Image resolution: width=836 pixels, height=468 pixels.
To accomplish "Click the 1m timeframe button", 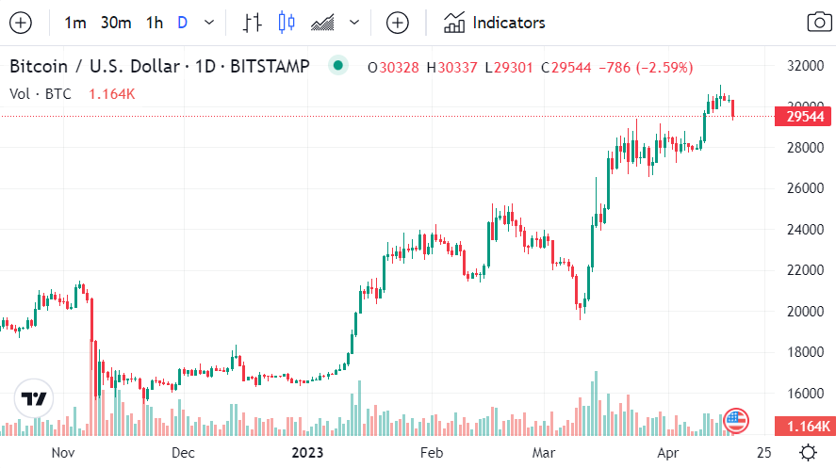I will (x=75, y=23).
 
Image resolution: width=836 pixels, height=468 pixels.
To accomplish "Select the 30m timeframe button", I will (x=116, y=23).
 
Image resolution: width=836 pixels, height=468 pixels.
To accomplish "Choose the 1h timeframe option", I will (x=155, y=23).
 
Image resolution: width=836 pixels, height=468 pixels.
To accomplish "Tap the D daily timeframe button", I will (x=182, y=23).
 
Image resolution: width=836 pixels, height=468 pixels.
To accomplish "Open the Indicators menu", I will (x=495, y=23).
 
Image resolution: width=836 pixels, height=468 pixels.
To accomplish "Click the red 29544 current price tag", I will (x=804, y=117).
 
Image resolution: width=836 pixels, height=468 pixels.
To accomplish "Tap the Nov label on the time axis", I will (x=62, y=452).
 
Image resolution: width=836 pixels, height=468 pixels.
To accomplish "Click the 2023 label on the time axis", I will (x=307, y=452).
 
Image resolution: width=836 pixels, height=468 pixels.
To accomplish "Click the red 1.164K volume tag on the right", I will (x=804, y=426).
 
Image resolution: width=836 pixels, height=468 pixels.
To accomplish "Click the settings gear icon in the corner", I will (x=808, y=451).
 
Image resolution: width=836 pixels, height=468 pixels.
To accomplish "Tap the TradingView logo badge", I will (x=34, y=399).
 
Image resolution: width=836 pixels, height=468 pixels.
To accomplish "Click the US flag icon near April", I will (x=735, y=420).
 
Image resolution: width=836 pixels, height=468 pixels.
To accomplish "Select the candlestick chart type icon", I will (x=287, y=23).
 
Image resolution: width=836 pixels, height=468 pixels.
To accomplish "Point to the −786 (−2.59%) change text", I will (x=650, y=68).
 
